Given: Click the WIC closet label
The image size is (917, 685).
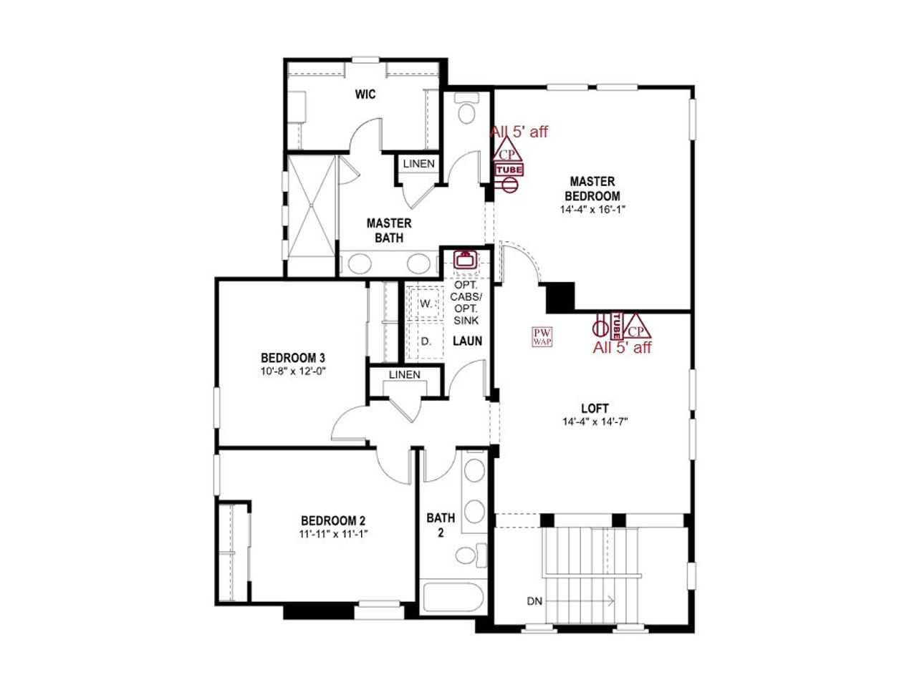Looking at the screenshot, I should coord(365,94).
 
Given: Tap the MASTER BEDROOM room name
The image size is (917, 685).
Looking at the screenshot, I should coord(592,189).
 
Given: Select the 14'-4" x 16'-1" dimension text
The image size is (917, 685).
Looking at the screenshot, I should coord(592,210).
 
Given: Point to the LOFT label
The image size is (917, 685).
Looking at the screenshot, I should coord(595,409).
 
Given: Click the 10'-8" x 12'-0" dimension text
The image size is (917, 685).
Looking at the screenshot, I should coord(293,371).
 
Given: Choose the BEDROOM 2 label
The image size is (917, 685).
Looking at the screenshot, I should coord(333,521).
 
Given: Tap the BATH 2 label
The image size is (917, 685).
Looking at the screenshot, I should coord(441,524).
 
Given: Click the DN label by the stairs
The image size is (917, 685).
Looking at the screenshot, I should coord(534,601).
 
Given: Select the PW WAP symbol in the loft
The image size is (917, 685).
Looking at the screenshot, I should coord(542,337).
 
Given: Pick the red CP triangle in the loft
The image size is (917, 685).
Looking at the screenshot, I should coord(636,327).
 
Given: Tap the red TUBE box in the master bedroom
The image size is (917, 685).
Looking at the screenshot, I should coord(509,170).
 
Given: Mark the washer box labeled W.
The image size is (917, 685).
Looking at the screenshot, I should coord(426,303).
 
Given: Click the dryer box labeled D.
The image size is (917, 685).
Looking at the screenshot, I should coord(426,342).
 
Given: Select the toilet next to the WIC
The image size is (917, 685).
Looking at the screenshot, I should coord(466,110).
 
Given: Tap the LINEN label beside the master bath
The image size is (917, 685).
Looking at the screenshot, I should coord(418,164).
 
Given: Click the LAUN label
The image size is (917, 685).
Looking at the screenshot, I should coord(467,341).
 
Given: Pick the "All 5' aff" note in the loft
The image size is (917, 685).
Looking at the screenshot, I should coord(622,348).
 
